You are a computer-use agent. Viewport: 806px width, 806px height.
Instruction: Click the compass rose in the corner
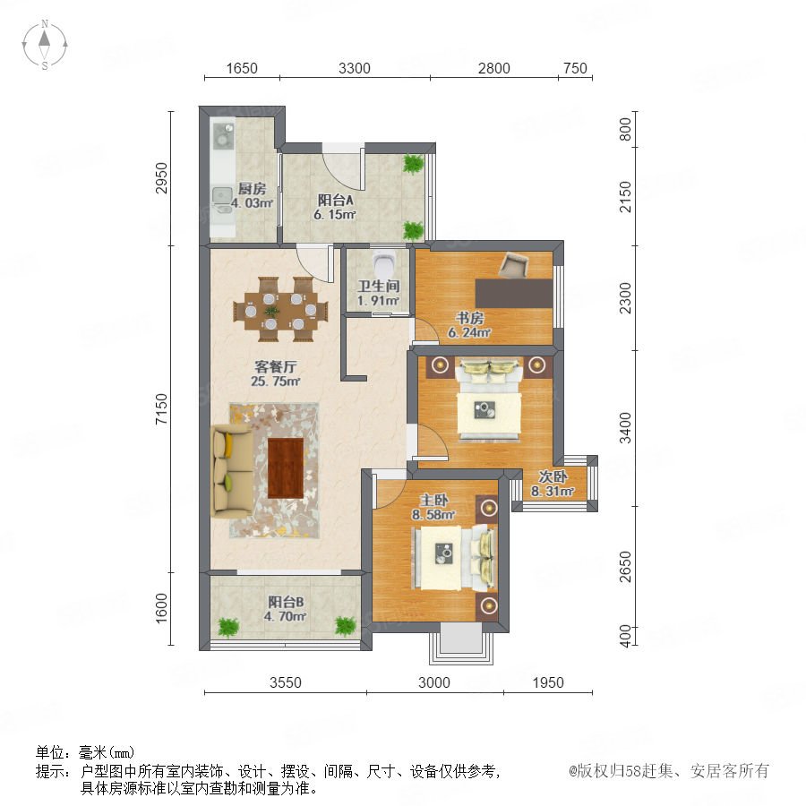coord(45,45)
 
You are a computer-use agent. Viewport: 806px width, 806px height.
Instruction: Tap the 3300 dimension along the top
coord(354,68)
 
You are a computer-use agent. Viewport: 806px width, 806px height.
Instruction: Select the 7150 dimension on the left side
coord(161,408)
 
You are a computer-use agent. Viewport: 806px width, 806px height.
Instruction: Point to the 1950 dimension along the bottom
coord(548,682)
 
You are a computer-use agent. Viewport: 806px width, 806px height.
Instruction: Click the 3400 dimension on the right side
coord(625,427)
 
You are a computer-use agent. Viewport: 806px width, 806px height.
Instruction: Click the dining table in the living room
coord(280,310)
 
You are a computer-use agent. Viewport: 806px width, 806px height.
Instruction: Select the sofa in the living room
coord(231,470)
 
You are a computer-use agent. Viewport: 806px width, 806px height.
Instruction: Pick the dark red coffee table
coord(286,467)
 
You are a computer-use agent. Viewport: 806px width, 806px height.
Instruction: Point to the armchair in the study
coord(514,264)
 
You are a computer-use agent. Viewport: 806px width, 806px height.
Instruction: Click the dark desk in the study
coord(514,293)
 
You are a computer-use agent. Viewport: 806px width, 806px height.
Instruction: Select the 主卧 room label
coord(433,500)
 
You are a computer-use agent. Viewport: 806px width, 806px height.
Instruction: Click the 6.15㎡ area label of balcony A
coord(335,214)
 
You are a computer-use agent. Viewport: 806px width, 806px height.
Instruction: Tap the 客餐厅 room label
coord(276,367)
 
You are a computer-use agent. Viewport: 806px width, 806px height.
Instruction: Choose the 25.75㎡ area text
coord(276,381)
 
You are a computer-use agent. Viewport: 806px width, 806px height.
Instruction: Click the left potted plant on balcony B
coord(228,627)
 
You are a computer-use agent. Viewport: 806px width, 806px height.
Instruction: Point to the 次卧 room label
coord(553,476)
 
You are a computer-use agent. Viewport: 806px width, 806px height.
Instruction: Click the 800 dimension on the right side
coord(625,129)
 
